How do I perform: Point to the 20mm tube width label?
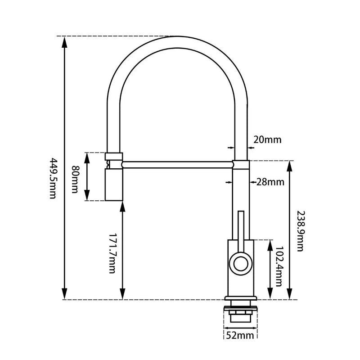pos(267,139)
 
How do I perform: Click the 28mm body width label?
pos(270,182)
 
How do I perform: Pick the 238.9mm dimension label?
pos(301,229)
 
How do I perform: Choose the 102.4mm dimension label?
pos(279,267)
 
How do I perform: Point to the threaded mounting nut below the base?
pos(241,314)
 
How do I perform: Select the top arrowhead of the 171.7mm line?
pos(122,205)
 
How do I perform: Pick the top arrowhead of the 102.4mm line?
pos(270,244)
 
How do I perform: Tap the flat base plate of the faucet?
pos(241,298)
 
